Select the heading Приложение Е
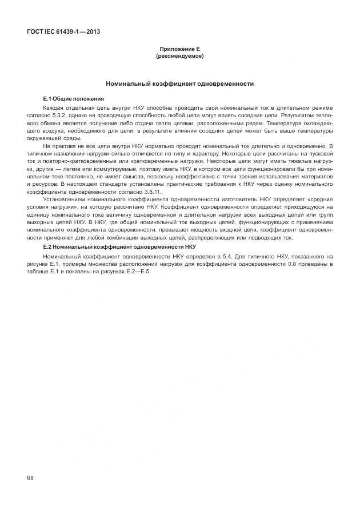(x=179, y=50)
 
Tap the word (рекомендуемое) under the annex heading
(x=179, y=57)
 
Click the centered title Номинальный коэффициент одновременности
(x=179, y=83)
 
